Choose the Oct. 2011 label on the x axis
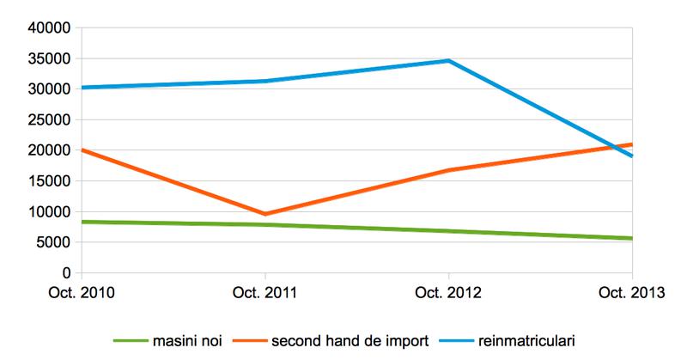265,293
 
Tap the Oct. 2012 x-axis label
449,293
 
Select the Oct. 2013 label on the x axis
632,293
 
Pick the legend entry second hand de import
351,341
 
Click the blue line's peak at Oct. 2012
449,60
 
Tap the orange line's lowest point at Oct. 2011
265,214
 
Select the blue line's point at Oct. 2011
265,81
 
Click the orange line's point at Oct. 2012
449,170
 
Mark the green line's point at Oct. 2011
265,225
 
